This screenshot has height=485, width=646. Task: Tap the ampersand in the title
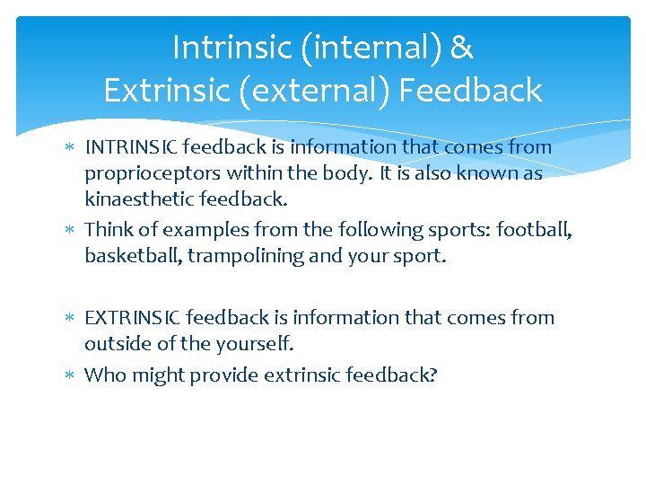(461, 48)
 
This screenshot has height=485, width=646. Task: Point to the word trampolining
(242, 256)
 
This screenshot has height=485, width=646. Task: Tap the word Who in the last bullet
(105, 375)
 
